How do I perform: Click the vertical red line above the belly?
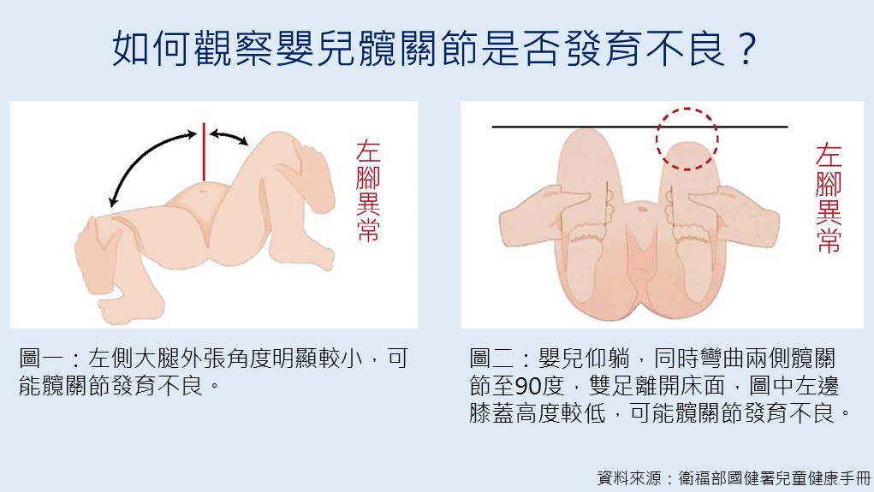click(204, 151)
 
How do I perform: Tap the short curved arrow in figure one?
click(229, 136)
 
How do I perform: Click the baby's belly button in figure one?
click(202, 190)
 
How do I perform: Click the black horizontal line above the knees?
click(639, 127)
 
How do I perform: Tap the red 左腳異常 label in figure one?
click(368, 191)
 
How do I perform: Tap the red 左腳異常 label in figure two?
click(829, 198)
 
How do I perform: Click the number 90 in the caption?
click(527, 386)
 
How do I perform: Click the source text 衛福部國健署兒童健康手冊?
click(775, 478)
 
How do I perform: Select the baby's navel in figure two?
click(642, 210)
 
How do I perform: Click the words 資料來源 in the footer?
click(628, 478)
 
